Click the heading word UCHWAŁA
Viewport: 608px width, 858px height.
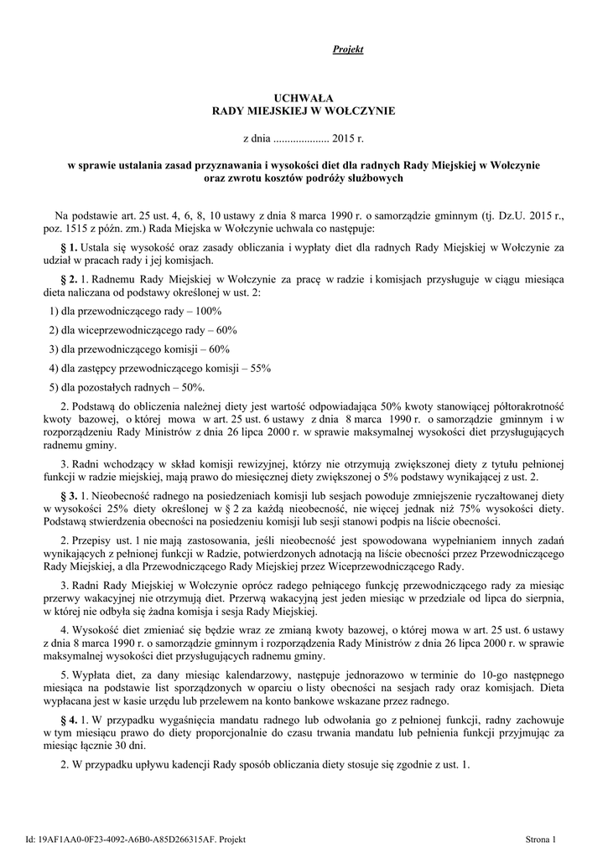point(304,98)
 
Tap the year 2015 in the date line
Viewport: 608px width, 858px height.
point(344,136)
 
